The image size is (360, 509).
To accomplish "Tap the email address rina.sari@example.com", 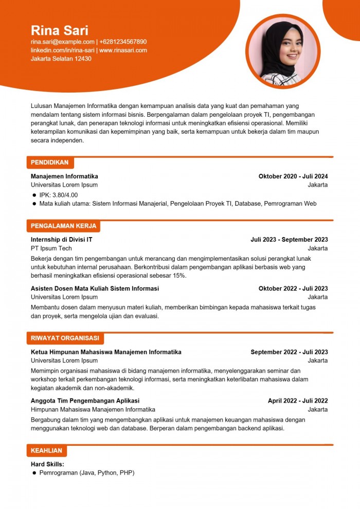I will (x=62, y=42).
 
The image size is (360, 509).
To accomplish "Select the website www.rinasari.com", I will (x=123, y=50).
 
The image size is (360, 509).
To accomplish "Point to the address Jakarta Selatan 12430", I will (x=61, y=59).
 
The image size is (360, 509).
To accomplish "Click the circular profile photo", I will (x=282, y=51).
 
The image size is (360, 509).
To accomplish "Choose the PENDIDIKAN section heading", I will (x=49, y=162).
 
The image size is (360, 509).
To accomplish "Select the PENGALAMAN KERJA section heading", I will (x=63, y=226).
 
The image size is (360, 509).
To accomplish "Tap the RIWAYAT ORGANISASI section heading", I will (x=65, y=338).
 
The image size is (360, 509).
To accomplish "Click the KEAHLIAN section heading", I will (x=46, y=451).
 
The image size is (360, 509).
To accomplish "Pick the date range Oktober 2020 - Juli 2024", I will (x=293, y=176).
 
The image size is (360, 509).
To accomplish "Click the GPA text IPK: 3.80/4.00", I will (x=59, y=195).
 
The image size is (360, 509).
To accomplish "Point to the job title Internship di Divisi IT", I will (x=62, y=240).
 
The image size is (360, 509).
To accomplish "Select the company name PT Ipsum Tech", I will (x=51, y=248).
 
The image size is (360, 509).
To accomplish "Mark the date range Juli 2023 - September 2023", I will (x=289, y=240).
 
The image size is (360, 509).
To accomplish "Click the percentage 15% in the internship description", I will (x=179, y=276).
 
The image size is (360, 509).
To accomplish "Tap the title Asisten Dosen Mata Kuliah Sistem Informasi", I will (x=95, y=288).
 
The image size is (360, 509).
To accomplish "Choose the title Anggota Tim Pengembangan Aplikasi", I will (x=85, y=401).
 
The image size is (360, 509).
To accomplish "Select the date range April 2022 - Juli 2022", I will (x=298, y=401).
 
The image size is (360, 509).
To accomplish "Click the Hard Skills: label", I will (x=47, y=464).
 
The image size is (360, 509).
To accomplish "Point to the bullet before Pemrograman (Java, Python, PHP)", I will (x=34, y=472).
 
